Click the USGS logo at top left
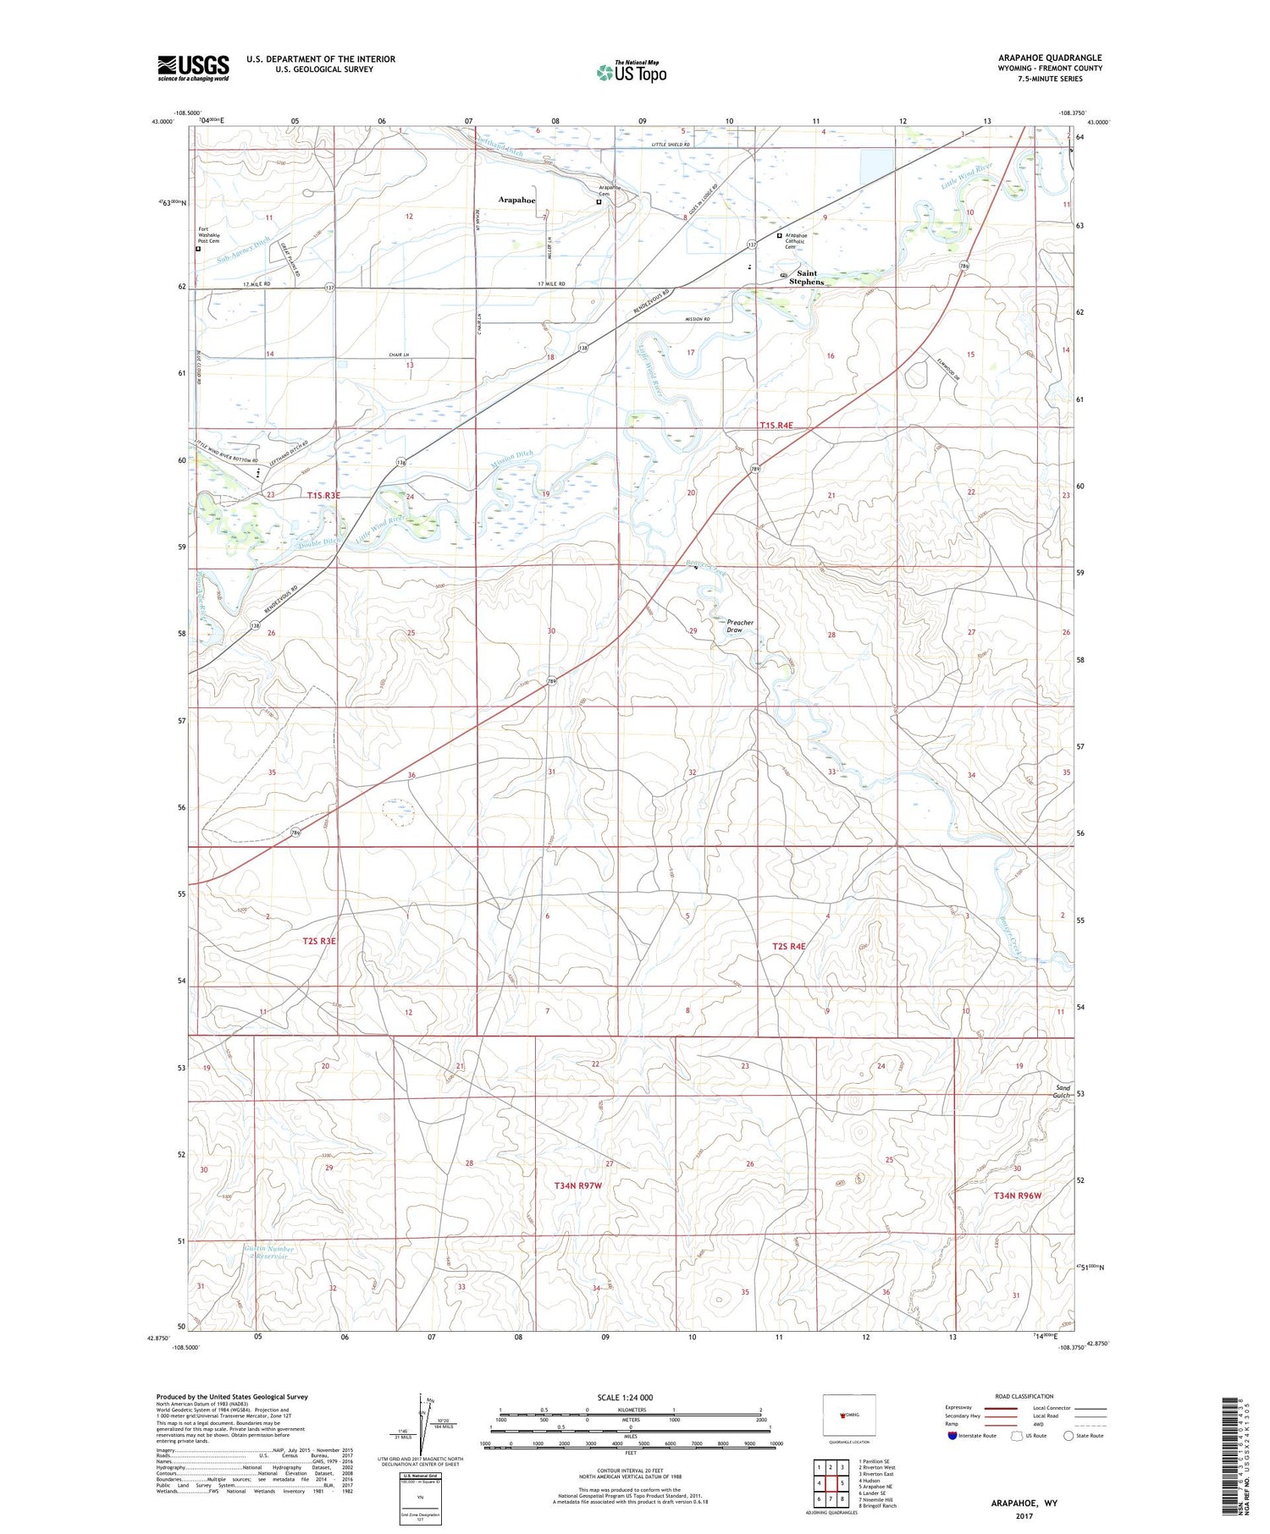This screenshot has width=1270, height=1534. click(193, 68)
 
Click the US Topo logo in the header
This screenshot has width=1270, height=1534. click(631, 73)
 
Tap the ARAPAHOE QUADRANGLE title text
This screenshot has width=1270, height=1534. click(1049, 58)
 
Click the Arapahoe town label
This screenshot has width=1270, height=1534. click(516, 200)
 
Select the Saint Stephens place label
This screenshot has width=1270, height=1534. click(806, 278)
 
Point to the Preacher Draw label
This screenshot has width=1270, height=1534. click(739, 626)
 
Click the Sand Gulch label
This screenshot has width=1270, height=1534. click(1063, 1091)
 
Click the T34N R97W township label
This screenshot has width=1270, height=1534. click(577, 1185)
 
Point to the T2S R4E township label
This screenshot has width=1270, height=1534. click(788, 946)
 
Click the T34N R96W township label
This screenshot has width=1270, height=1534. click(1018, 1196)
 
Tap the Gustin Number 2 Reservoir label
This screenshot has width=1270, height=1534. click(268, 1252)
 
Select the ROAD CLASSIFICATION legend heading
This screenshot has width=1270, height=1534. click(1024, 1396)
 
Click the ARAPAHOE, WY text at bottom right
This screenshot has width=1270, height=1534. click(1024, 1503)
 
